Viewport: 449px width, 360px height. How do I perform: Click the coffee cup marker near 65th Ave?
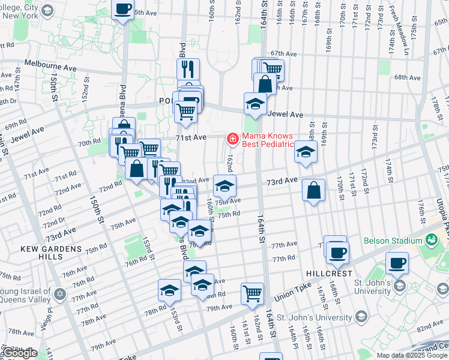(123, 10)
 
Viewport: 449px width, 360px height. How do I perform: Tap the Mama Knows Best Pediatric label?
(267, 140)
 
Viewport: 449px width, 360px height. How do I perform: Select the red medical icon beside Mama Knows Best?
(232, 139)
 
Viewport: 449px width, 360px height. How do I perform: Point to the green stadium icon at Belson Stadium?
(430, 241)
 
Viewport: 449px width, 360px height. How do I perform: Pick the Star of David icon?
(59, 294)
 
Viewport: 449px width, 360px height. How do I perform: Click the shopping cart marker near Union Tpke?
(252, 293)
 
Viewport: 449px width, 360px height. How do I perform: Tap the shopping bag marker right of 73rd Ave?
(313, 190)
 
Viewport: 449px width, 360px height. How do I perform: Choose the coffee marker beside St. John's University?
(397, 262)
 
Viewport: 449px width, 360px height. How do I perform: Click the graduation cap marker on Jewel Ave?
(255, 103)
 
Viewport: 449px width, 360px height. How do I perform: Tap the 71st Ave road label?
(190, 137)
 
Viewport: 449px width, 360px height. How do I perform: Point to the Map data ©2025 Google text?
(412, 355)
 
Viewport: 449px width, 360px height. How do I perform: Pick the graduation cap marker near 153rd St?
(170, 290)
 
